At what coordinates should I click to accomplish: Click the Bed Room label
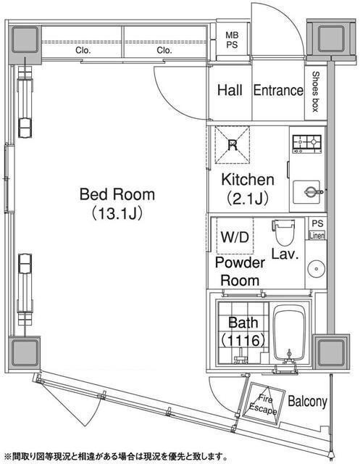[x=117, y=204]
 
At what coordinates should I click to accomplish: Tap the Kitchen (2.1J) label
[x=248, y=188]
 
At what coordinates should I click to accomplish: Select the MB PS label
[x=232, y=40]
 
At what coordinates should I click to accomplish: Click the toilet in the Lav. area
[x=283, y=232]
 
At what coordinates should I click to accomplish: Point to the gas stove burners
[x=307, y=144]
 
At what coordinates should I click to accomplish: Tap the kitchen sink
[x=306, y=192]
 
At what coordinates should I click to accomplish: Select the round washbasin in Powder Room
[x=316, y=269]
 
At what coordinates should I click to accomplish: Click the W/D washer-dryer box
[x=235, y=236]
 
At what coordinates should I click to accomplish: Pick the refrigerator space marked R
[x=233, y=145]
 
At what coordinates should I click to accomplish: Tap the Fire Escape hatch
[x=264, y=403]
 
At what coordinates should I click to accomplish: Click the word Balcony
[x=307, y=402]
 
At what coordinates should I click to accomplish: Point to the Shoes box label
[x=316, y=91]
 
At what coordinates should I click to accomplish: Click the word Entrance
[x=278, y=90]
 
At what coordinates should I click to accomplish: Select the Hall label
[x=230, y=90]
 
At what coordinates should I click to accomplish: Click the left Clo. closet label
[x=83, y=50]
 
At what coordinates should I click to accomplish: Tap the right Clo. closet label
[x=164, y=50]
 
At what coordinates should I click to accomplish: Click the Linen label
[x=317, y=236]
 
